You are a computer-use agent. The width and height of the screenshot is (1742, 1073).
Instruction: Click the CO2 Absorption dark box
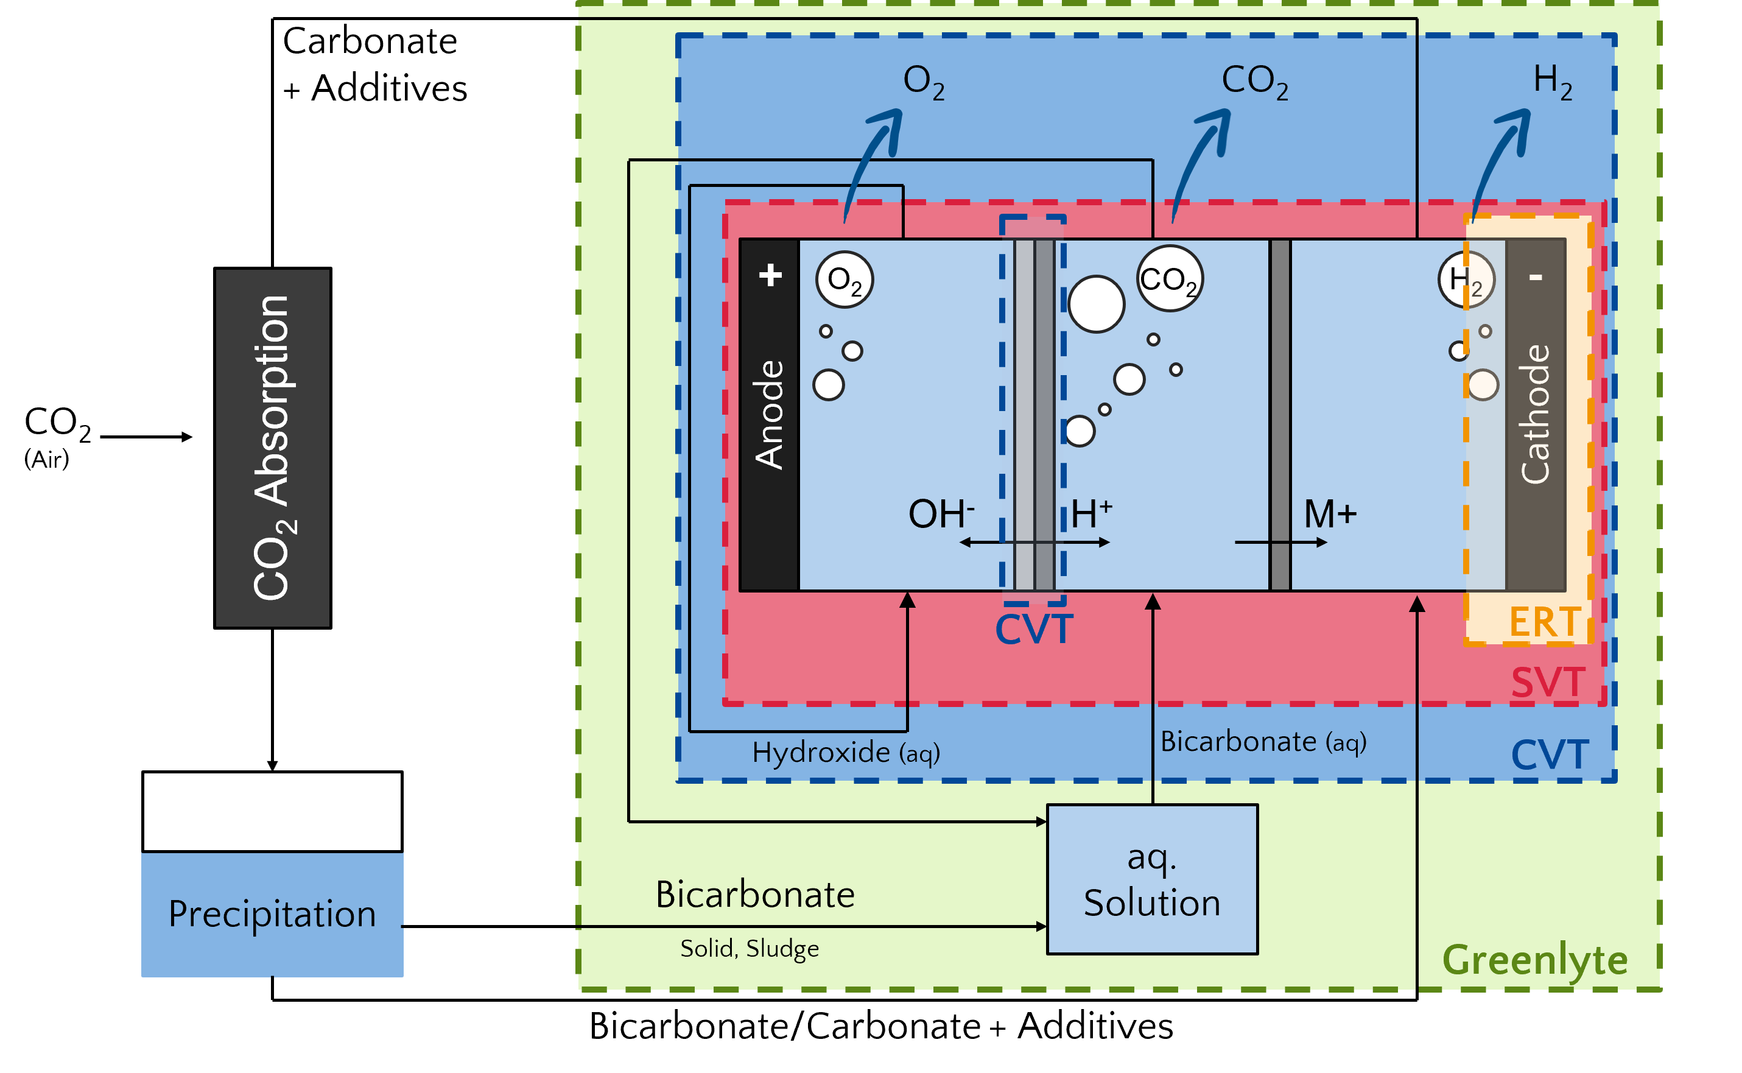coord(273,448)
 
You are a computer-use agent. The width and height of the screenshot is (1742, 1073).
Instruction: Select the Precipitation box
coord(273,914)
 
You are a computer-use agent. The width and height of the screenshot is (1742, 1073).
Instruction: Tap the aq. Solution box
coord(1153,880)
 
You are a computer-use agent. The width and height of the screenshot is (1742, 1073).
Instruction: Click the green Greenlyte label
coord(1535,961)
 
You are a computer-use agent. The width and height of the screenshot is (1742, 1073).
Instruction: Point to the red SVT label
coord(1548,683)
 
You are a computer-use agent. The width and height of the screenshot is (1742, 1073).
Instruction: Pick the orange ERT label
coord(1544,622)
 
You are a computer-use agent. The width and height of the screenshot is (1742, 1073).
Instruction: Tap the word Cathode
coord(1536,415)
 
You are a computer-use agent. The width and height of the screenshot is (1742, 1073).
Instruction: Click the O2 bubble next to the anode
coord(845,280)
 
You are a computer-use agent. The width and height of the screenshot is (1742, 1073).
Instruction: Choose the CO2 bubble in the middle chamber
coord(1170,279)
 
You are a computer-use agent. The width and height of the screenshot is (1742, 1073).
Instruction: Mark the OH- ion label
coord(941,513)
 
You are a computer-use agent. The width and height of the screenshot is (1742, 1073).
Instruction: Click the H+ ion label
coord(1091,513)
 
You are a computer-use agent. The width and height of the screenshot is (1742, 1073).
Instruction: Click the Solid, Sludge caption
coord(750,948)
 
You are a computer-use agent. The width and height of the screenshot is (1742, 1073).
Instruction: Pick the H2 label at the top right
coord(1553,81)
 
